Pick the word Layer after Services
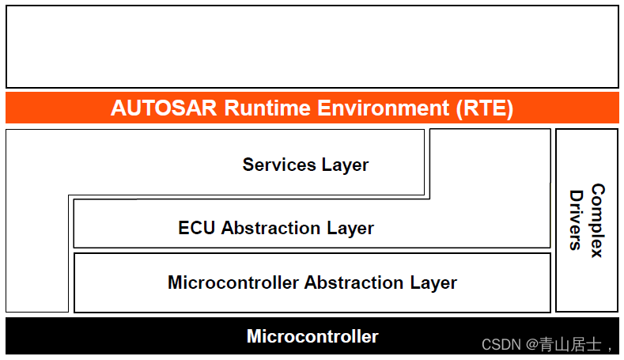(x=346, y=165)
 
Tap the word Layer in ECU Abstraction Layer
(x=350, y=228)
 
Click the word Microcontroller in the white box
(x=233, y=282)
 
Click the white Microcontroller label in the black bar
(x=312, y=336)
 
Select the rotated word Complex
(x=597, y=220)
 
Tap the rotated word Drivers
(x=577, y=220)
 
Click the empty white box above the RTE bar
(x=312, y=46)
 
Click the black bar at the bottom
(x=119, y=336)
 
